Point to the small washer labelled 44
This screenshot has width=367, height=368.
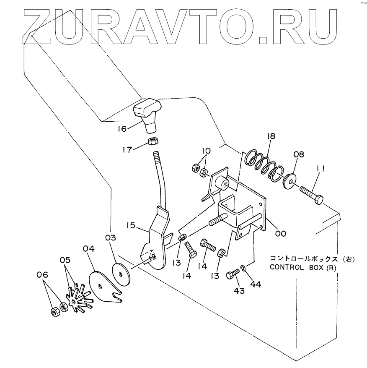pos(244,269)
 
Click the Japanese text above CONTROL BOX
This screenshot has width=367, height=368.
pos(312,259)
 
